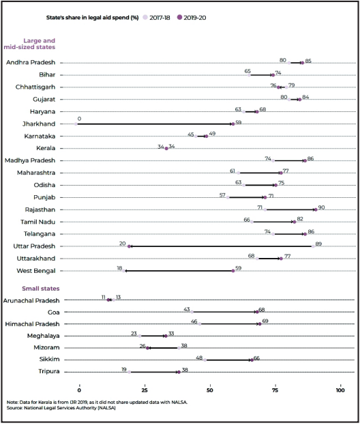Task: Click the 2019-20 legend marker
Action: click(x=180, y=18)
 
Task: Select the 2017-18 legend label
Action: click(x=160, y=18)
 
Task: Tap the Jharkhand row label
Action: click(x=39, y=124)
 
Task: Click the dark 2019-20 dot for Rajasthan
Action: click(x=316, y=209)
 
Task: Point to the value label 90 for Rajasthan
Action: click(x=321, y=207)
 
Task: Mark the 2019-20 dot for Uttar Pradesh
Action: click(x=129, y=246)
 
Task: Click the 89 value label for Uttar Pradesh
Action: click(x=318, y=244)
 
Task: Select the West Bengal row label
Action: click(x=36, y=271)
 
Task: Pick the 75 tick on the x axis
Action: click(x=275, y=390)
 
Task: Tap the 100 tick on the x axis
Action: click(x=340, y=390)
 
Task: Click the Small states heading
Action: click(x=41, y=289)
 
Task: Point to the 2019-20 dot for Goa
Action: click(x=257, y=312)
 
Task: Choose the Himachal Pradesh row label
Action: click(x=32, y=324)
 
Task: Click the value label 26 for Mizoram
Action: click(x=142, y=346)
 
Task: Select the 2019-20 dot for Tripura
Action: click(x=179, y=372)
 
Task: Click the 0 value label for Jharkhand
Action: click(x=79, y=119)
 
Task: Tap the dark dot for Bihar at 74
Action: click(x=273, y=75)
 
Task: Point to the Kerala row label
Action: click(x=46, y=148)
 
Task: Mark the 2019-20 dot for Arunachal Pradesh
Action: click(x=108, y=300)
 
